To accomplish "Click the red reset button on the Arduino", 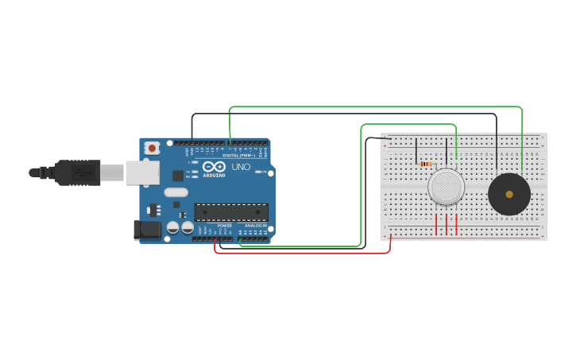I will coord(151,148).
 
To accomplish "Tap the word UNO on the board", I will coord(241,167).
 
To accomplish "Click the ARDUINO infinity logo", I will coord(214,167).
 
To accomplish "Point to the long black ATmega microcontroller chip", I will coord(231,212).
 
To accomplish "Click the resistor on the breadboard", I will coord(426,165).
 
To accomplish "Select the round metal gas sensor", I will coord(446,188).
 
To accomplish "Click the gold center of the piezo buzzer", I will coord(509,194).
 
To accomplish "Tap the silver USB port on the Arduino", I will coord(142,172).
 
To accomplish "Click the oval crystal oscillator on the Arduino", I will coord(176,192).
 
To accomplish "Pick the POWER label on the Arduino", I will coord(225,226).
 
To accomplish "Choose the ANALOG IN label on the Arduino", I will coord(255,226).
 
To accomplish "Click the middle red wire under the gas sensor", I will coord(446,223).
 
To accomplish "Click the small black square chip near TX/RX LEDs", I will coord(178,176).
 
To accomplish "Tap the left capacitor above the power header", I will coord(172,228).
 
